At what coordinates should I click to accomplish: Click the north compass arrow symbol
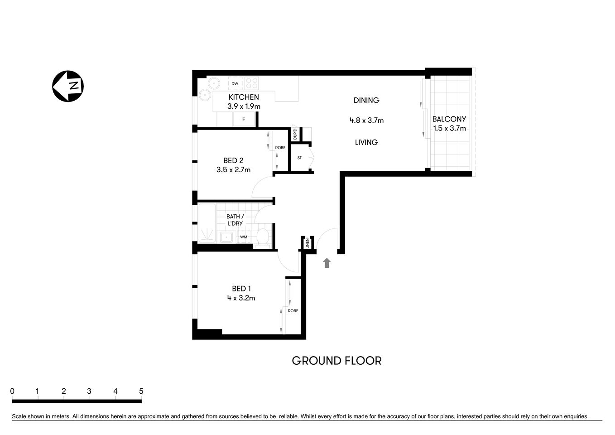pos(68,86)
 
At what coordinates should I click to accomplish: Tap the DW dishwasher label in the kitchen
pos(235,84)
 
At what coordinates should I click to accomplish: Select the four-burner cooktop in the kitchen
pos(251,83)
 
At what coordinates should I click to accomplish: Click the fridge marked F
pos(244,119)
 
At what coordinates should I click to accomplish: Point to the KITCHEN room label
pos(244,97)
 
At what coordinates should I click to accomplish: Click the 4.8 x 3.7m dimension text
pos(366,121)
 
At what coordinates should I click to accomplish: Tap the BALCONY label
pos(449,119)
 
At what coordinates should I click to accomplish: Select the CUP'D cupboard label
pos(295,134)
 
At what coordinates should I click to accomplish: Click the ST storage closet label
pos(299,158)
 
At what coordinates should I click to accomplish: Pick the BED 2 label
pos(233,160)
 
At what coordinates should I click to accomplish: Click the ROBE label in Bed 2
pos(280,148)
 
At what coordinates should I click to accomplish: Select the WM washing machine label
pos(244,237)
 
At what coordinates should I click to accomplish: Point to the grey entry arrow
pos(327,263)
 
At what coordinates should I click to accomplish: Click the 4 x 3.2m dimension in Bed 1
pos(241,298)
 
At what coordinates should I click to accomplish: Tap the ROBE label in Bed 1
pos(293,311)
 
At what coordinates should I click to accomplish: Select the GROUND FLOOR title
pos(336,361)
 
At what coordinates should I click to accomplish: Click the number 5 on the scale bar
pos(141,391)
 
